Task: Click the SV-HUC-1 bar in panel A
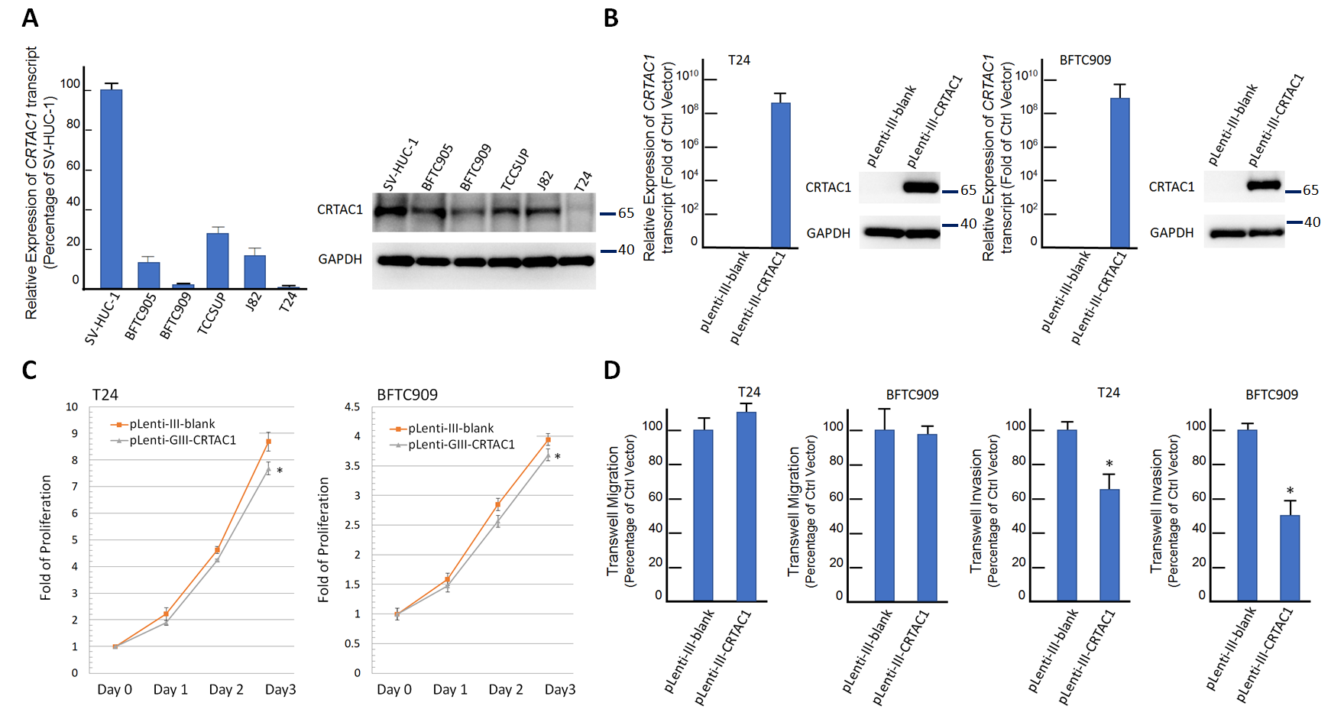coord(111,189)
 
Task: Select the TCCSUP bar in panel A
coord(217,261)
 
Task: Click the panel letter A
coord(30,18)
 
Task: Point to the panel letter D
coord(611,371)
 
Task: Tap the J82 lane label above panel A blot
coord(545,180)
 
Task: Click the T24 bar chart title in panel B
coord(739,60)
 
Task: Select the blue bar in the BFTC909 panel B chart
coord(1119,173)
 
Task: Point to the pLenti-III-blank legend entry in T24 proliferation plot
coord(171,424)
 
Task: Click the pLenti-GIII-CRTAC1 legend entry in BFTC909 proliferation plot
coord(461,445)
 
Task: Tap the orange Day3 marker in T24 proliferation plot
coord(268,442)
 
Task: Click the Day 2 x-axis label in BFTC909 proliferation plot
coord(506,690)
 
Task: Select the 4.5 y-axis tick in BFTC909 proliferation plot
coord(352,407)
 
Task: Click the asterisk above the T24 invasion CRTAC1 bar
coord(1109,465)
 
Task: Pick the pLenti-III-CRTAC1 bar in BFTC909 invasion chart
coord(1289,558)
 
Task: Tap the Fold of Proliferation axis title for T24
coord(46,537)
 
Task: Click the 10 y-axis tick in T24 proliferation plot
coord(72,407)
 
